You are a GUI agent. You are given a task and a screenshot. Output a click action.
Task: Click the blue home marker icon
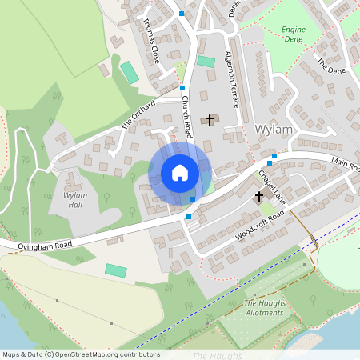tap(180, 173)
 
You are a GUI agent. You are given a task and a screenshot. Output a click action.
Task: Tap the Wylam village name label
tap(274, 130)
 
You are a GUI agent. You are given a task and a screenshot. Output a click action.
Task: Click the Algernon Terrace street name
tap(233, 80)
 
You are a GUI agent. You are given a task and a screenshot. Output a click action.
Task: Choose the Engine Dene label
tap(294, 34)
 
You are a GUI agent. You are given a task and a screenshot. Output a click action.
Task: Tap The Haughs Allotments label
tap(264, 308)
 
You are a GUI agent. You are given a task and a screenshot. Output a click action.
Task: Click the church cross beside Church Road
tap(210, 120)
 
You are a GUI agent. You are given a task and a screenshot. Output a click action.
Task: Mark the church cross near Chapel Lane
tap(259, 196)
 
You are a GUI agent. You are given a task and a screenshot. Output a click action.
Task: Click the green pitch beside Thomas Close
tap(129, 72)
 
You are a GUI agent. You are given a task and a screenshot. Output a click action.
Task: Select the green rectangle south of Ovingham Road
tap(116, 270)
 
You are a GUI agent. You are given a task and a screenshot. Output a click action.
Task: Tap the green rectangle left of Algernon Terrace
tap(206, 62)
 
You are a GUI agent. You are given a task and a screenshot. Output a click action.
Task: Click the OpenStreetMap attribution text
tap(81, 354)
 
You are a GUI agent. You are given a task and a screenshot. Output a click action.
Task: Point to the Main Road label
tap(345, 166)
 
